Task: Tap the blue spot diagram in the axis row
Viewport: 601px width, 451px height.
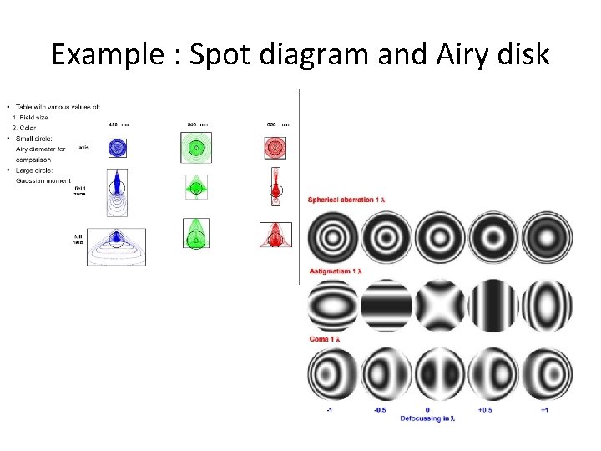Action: tap(119, 148)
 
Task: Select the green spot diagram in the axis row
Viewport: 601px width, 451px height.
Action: tap(196, 148)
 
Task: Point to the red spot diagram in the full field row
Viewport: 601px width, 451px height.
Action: tap(275, 236)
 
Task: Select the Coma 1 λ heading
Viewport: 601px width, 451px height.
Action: tap(328, 339)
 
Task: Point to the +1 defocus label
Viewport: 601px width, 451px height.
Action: tap(545, 410)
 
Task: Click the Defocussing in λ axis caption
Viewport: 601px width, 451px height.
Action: tap(427, 418)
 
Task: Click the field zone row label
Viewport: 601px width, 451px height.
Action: tap(80, 190)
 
